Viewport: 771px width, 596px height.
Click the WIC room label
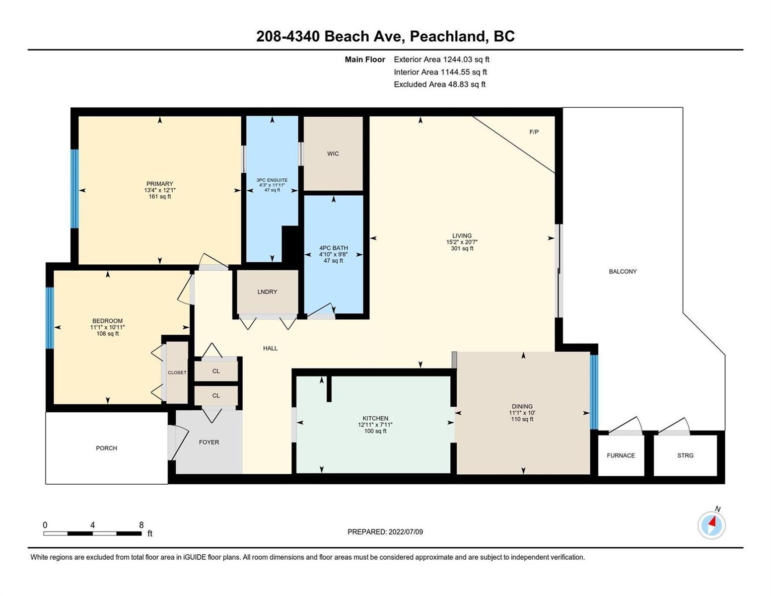tap(333, 153)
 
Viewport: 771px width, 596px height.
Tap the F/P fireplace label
tap(534, 132)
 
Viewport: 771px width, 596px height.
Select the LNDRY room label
tap(267, 292)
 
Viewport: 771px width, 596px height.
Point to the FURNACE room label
tap(621, 455)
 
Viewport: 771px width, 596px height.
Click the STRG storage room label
tap(685, 455)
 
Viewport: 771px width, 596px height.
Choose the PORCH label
tap(106, 448)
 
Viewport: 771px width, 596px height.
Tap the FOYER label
tap(209, 442)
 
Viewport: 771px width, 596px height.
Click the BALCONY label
tap(623, 272)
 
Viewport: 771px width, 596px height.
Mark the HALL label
tap(271, 348)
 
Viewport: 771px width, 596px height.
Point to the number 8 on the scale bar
tap(141, 525)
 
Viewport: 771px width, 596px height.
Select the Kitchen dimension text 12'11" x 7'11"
tap(375, 425)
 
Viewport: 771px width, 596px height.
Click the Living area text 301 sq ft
tap(462, 248)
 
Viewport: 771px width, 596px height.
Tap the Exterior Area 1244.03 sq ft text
tap(441, 60)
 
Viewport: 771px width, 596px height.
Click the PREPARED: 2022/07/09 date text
tap(385, 532)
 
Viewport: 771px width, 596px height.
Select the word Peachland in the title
tap(448, 37)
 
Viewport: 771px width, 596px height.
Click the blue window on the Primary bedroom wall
tap(74, 189)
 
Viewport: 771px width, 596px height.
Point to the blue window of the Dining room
tap(594, 392)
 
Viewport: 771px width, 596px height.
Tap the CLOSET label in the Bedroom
tap(177, 372)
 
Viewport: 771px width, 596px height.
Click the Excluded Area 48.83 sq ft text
tap(439, 84)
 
